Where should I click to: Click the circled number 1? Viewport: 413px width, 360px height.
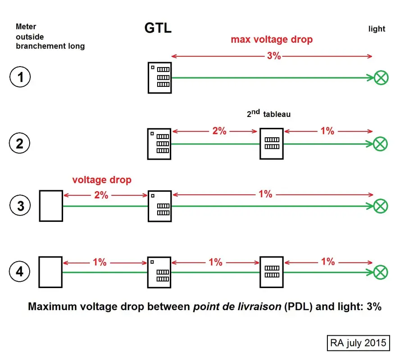coord(20,78)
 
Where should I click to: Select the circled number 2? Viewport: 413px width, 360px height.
coord(20,144)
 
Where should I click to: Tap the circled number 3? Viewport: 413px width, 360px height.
coord(20,206)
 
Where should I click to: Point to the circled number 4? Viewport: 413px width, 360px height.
coord(20,272)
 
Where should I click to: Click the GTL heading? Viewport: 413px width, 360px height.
coord(158,28)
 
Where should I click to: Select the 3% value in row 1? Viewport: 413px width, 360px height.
coord(273,56)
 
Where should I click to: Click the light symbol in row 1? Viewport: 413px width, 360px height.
coord(381,78)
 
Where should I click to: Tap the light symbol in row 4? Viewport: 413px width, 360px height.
coord(381,272)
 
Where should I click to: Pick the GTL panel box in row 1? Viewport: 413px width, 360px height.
coord(159,78)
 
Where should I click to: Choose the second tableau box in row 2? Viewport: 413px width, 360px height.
coord(272,144)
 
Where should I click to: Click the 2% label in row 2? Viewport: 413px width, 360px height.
coord(219,131)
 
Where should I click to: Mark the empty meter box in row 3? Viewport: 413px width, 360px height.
coord(50,206)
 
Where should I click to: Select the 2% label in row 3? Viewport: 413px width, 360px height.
coord(101,195)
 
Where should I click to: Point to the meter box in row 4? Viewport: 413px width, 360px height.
coord(50,272)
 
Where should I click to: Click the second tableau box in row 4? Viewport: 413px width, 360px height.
coord(272,272)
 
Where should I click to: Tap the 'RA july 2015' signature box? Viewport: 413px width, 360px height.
coord(358,343)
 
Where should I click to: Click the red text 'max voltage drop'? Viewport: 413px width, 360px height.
coord(272,40)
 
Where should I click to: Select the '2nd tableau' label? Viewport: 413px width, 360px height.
coord(268,114)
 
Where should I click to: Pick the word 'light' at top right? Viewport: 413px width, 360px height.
coord(377,29)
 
